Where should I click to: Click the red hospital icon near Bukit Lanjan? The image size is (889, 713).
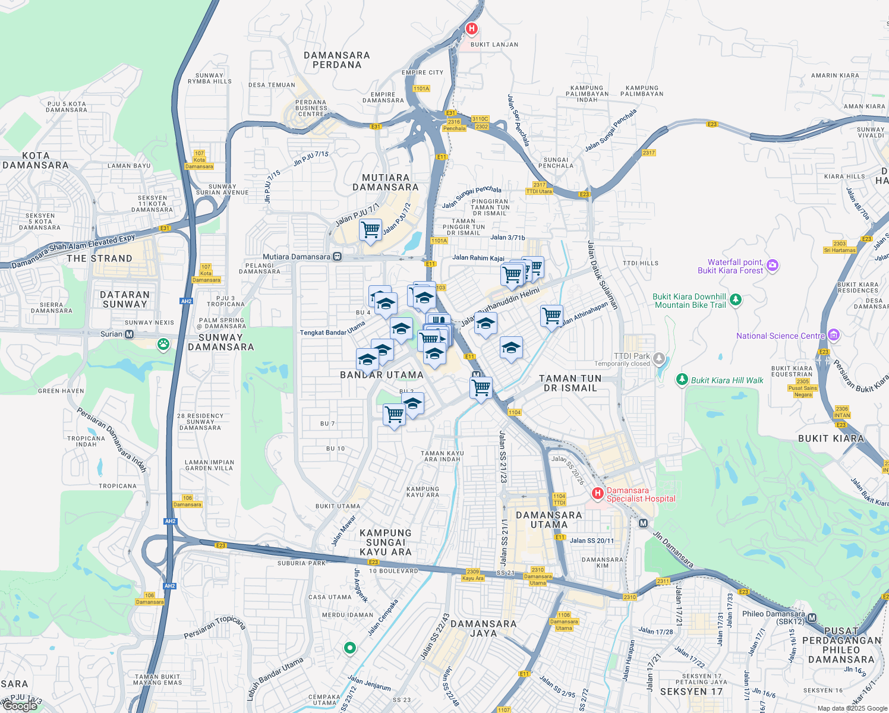[x=472, y=29]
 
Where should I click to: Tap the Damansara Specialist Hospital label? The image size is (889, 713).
[x=641, y=495]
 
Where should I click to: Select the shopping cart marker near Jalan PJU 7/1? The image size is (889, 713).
[x=370, y=229]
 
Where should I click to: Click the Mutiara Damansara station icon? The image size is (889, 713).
[x=337, y=257]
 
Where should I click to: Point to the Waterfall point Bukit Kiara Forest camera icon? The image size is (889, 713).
[x=773, y=265]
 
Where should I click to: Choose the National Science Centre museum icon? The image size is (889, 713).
[x=833, y=336]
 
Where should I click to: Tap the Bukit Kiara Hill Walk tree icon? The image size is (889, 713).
[x=682, y=380]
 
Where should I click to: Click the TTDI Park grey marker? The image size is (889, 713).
[x=658, y=358]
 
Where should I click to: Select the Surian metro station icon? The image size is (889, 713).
[x=130, y=335]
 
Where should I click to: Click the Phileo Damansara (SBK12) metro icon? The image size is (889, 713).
[x=812, y=618]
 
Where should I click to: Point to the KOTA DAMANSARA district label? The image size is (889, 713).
[x=36, y=160]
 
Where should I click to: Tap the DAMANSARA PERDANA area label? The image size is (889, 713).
[x=337, y=60]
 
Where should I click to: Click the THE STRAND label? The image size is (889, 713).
[x=99, y=258]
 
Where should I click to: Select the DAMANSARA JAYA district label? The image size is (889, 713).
[x=484, y=629]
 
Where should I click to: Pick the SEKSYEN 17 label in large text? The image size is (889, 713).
[x=691, y=692]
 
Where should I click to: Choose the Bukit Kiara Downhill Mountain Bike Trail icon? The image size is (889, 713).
[x=736, y=299]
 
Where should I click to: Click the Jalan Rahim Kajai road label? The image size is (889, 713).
[x=478, y=258]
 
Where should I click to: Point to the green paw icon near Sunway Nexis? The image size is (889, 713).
[x=163, y=344]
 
